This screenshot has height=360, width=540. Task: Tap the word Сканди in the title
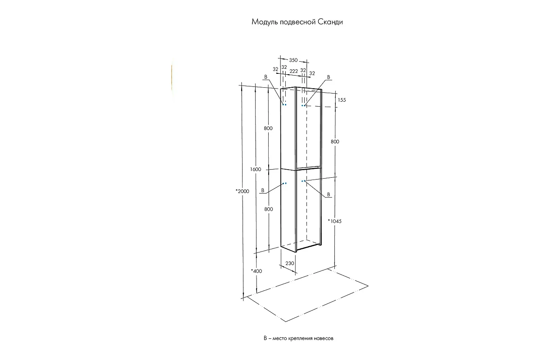tap(330, 22)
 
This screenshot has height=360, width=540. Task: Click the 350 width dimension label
tap(293, 60)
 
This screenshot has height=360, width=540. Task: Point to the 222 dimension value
tap(293, 71)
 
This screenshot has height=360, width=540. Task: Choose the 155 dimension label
tap(342, 100)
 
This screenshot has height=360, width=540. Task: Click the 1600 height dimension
tap(256, 169)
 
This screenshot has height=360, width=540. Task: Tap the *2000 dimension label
tap(242, 191)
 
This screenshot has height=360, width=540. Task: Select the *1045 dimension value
tap(335, 221)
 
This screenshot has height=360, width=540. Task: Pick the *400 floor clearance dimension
tap(256, 271)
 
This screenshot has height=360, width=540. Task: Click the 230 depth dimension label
tap(290, 263)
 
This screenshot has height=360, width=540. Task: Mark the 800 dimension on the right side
tap(335, 142)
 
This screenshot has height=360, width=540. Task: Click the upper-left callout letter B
tap(265, 77)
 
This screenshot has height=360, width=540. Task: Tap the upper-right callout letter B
tap(328, 77)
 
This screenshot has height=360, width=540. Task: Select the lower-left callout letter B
tap(263, 190)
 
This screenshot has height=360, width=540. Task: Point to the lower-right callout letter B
tap(328, 194)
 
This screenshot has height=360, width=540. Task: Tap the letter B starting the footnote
tap(265, 338)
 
